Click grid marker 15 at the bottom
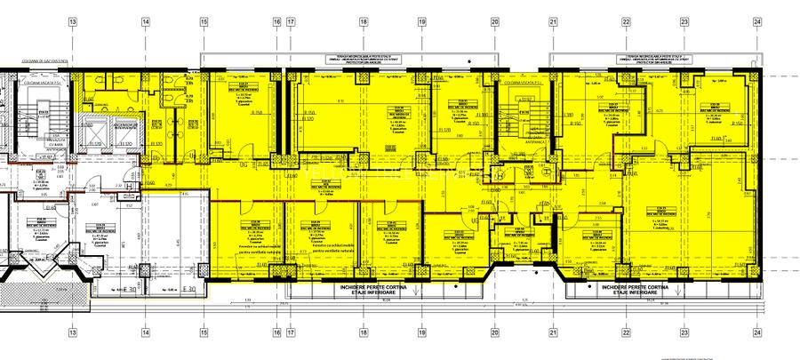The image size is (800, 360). (204, 336)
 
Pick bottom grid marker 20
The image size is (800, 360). (495, 336)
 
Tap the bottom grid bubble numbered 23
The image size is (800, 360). (684, 336)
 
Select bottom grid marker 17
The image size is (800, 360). (290, 336)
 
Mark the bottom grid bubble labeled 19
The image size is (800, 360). (421, 336)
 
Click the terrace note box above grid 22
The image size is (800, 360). (655, 60)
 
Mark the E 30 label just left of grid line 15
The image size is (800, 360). (188, 290)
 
